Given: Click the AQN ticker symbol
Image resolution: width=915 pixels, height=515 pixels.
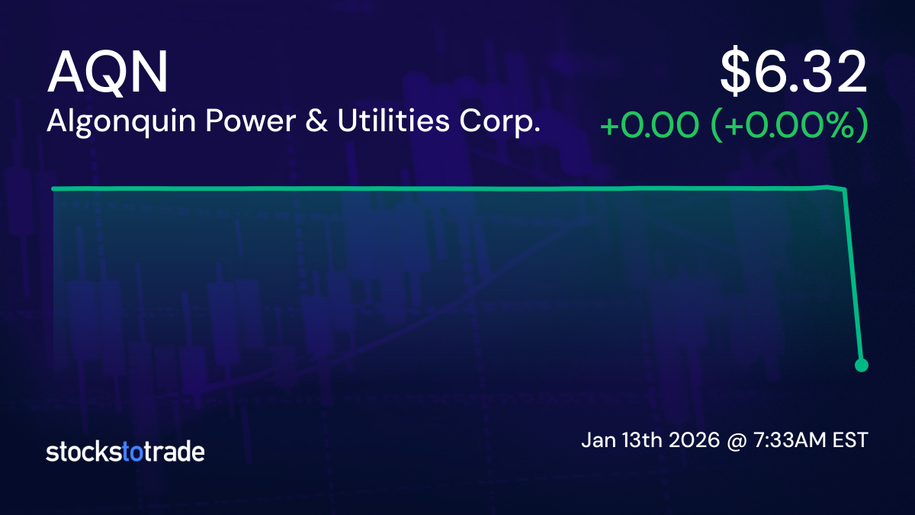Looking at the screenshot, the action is tap(108, 73).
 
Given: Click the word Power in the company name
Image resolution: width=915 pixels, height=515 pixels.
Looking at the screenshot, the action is tap(251, 121).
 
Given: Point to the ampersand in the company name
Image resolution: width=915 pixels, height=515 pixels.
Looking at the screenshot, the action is tap(316, 121).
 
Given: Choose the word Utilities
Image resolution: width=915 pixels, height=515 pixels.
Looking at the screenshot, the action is tap(393, 121).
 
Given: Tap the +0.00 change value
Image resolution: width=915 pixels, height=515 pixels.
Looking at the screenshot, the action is tap(650, 126).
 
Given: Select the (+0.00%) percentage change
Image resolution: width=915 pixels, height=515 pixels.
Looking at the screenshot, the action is tap(791, 125).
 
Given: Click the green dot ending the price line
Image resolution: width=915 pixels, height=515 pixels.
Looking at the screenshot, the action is tap(862, 365).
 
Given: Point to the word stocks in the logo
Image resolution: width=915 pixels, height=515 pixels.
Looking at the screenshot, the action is tap(84, 452).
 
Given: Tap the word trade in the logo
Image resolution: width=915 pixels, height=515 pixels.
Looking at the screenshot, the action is tap(174, 452).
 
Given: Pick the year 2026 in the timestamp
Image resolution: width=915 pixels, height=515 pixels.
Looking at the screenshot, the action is tap(694, 441).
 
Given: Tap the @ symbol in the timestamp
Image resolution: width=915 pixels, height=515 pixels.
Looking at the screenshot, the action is tap(737, 442).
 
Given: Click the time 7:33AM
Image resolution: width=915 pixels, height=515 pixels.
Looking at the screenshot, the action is tap(790, 441).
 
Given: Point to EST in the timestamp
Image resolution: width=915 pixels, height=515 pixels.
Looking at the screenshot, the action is tap(851, 441).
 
